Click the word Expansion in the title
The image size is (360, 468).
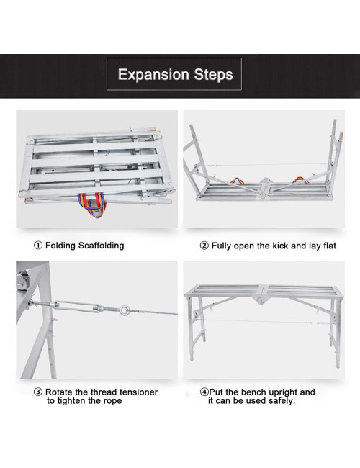point(153,75)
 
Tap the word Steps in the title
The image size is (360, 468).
point(213,75)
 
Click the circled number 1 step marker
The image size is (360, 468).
point(38,246)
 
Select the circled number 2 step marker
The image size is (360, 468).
point(204,246)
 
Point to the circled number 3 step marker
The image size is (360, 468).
point(38,392)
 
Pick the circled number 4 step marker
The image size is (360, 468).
point(204,392)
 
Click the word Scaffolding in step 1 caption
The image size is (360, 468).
point(101,246)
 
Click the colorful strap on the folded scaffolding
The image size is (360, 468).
point(92,204)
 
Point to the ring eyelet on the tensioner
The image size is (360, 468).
point(124,310)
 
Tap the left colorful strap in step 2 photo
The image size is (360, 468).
point(236,181)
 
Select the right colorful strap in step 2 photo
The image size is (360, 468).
point(300,181)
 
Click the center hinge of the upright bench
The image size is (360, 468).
point(261,300)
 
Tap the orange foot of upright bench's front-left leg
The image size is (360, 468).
point(191,359)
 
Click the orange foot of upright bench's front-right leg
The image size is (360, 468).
point(338,365)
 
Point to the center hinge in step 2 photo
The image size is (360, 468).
point(264,186)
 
